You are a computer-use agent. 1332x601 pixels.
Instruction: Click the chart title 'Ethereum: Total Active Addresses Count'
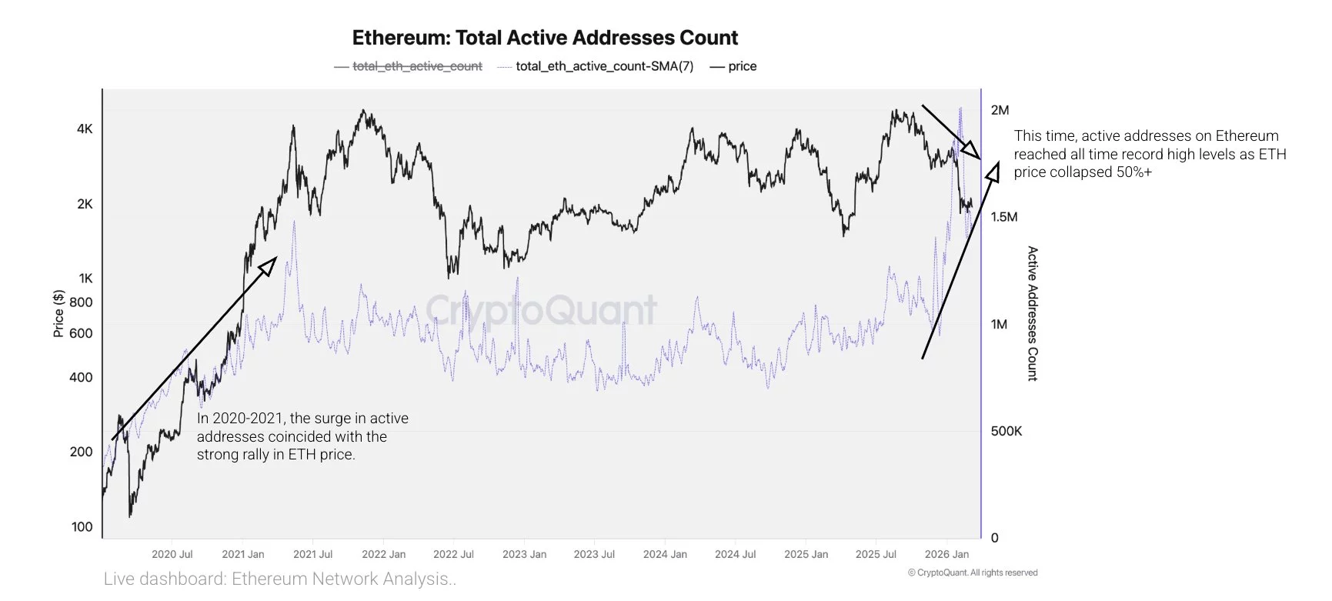click(x=545, y=38)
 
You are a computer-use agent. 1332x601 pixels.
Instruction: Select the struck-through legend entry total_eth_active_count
click(x=416, y=66)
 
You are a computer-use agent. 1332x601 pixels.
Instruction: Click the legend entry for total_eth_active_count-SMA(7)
click(x=604, y=66)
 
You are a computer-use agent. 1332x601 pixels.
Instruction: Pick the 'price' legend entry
click(x=742, y=66)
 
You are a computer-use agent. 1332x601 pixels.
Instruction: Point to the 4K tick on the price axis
click(x=85, y=129)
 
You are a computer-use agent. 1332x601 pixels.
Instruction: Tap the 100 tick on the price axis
click(x=82, y=527)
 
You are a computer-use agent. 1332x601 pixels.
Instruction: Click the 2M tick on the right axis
click(x=1000, y=110)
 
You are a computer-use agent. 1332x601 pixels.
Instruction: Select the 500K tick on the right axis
click(x=1006, y=431)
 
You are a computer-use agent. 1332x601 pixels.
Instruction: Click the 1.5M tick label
click(x=1003, y=217)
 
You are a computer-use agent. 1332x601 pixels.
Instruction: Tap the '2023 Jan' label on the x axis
click(x=524, y=554)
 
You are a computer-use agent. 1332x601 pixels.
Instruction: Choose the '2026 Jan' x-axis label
click(x=946, y=554)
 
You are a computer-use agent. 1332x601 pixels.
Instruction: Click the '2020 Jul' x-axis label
click(x=172, y=554)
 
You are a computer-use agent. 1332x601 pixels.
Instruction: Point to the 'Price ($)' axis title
click(x=58, y=314)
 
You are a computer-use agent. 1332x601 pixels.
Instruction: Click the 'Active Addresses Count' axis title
click(x=1033, y=313)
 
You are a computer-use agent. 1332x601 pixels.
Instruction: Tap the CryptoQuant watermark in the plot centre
click(x=542, y=310)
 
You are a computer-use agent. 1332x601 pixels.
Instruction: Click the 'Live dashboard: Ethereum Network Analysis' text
click(x=280, y=579)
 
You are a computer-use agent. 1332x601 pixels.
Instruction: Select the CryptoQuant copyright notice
click(x=973, y=573)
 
